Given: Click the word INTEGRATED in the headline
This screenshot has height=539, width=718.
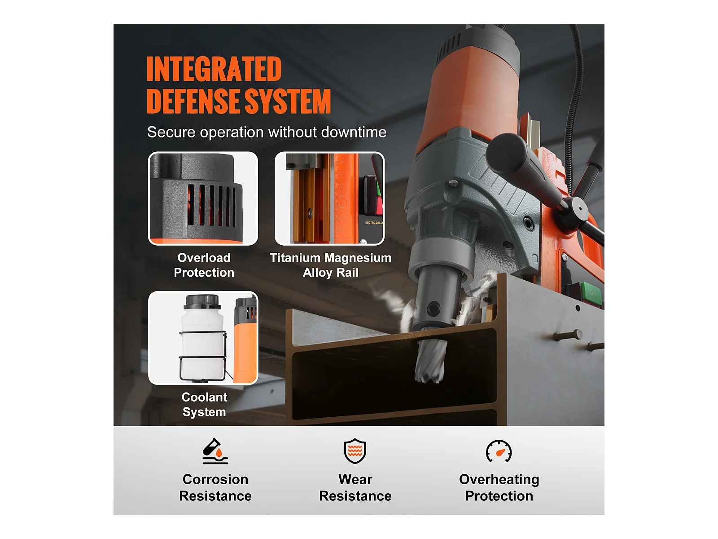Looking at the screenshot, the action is tap(214, 69).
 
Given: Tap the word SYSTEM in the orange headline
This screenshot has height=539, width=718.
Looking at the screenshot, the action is tap(288, 101).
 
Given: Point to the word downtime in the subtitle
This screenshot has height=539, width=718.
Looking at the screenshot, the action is tap(354, 132).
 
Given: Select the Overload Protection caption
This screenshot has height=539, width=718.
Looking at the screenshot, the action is tap(204, 265).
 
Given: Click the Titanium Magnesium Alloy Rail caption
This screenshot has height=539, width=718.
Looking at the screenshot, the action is tap(330, 265).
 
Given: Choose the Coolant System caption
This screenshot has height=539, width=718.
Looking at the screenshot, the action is tap(204, 405).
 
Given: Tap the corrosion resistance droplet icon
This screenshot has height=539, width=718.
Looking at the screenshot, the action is tap(215, 451).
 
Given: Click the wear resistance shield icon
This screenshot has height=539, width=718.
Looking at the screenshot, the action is tap(355, 451).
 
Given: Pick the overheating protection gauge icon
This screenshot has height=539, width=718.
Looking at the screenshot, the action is tap(499, 451).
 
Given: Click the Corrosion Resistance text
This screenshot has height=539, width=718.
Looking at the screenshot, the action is tap(215, 488).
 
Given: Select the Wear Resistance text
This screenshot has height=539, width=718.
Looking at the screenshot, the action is tap(355, 488).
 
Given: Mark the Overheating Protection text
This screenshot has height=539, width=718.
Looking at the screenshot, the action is tap(499, 488).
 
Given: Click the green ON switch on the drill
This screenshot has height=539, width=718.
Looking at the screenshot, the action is tap(592, 293).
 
